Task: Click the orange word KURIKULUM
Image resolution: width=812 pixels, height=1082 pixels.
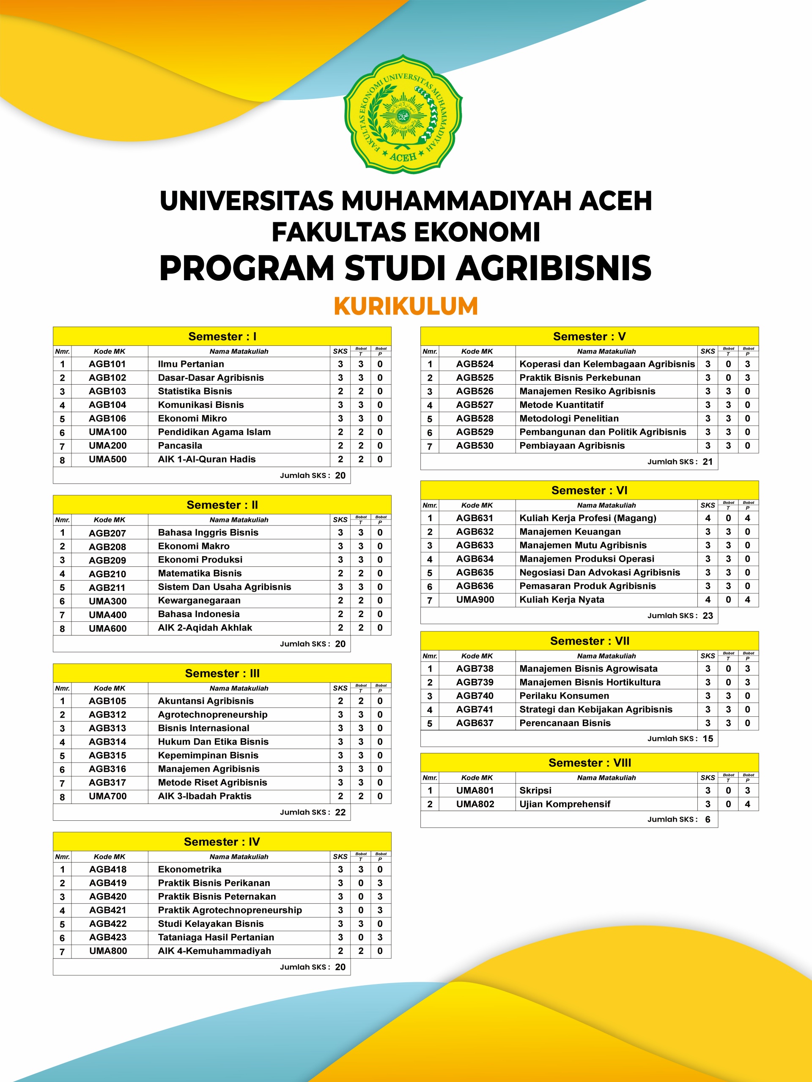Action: pyautogui.click(x=406, y=306)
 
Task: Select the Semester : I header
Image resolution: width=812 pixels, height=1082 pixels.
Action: pyautogui.click(x=222, y=336)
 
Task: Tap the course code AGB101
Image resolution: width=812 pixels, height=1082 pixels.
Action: pyautogui.click(x=107, y=364)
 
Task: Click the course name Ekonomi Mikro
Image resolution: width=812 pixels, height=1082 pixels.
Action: pyautogui.click(x=192, y=418)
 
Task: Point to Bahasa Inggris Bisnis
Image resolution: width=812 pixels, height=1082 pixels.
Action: pyautogui.click(x=208, y=532)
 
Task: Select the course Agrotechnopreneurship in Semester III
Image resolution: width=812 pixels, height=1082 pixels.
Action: pyautogui.click(x=212, y=714)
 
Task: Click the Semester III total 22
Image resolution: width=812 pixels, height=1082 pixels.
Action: pyautogui.click(x=340, y=812)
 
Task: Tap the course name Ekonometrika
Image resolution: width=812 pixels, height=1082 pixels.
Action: pyautogui.click(x=189, y=869)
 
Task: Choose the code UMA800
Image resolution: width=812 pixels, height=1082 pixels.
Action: pyautogui.click(x=108, y=951)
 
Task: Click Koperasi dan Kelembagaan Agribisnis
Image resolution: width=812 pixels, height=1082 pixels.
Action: pyautogui.click(x=607, y=364)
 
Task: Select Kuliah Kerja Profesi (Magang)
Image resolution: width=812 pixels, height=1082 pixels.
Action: pyautogui.click(x=588, y=518)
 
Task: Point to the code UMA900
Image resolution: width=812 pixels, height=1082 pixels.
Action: pyautogui.click(x=475, y=600)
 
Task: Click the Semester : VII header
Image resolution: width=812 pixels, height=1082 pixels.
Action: pyautogui.click(x=589, y=641)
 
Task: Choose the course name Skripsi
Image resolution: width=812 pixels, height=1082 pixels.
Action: pyautogui.click(x=535, y=790)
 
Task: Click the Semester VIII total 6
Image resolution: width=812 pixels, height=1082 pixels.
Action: pyautogui.click(x=707, y=820)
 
